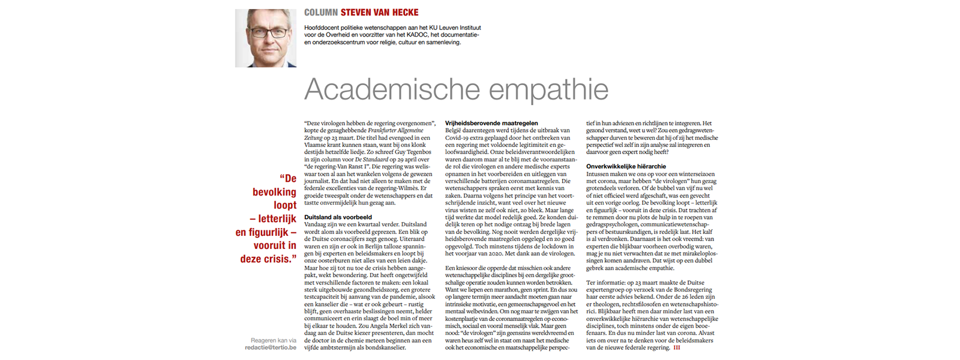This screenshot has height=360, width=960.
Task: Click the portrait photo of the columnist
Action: [265, 38]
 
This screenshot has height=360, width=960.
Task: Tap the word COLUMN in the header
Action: [320, 13]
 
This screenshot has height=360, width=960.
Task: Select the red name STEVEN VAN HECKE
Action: [379, 13]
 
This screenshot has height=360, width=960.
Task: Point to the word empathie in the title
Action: [548, 90]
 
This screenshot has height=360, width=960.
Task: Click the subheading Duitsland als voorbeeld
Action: [338, 217]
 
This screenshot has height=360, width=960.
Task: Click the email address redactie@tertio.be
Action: [271, 347]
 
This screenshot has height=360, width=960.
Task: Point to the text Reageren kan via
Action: [274, 340]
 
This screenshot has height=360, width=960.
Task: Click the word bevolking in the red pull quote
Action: [274, 192]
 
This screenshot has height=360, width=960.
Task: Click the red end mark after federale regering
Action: [677, 347]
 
